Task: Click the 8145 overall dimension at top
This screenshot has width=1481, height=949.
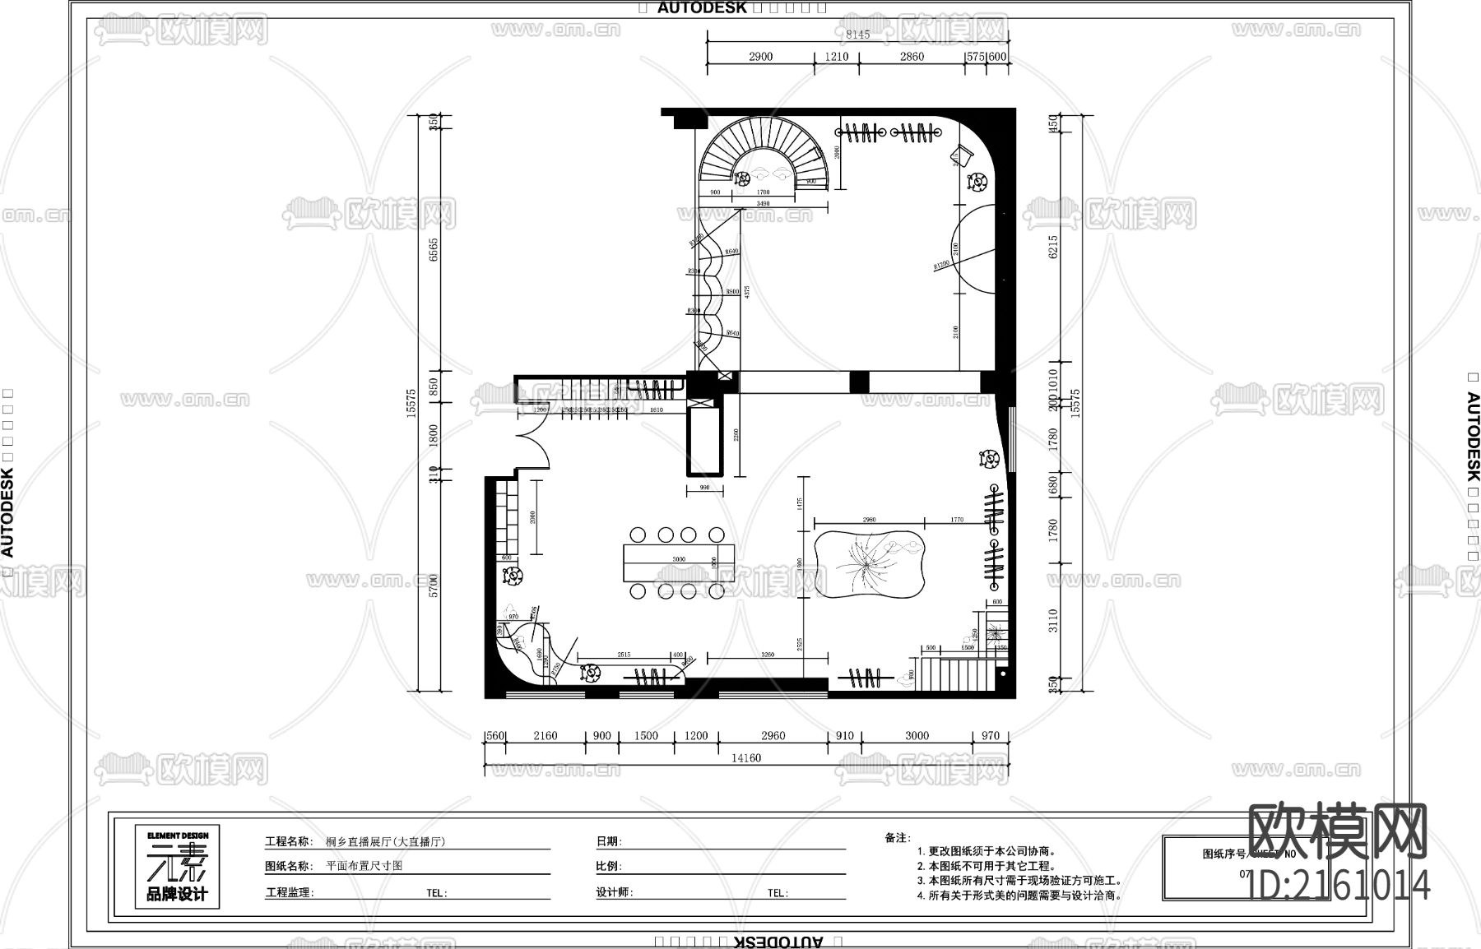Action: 857,35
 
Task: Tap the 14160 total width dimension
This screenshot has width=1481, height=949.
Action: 745,758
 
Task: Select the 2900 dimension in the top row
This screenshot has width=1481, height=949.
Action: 760,57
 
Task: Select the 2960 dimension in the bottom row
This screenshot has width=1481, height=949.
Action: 773,736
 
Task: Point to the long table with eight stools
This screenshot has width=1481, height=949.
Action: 678,562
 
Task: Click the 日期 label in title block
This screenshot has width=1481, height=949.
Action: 608,841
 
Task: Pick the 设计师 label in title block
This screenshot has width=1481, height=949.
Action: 614,892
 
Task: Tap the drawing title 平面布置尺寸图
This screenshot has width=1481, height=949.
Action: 364,866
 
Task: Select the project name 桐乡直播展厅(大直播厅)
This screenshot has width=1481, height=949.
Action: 385,841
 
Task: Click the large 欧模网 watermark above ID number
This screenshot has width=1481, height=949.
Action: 1338,831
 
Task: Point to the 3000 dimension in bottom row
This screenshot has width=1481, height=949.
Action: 917,736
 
